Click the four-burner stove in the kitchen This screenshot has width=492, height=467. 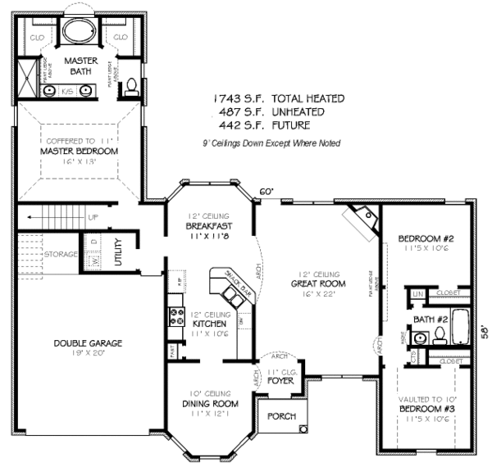175,315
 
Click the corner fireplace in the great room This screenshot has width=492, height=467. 362,220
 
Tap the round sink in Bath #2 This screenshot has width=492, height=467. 420,337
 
